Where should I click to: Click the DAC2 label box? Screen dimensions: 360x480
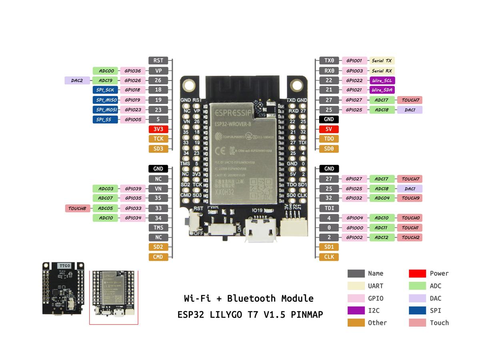77,80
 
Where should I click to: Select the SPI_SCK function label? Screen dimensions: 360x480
105,90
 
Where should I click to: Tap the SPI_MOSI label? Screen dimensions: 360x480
105,110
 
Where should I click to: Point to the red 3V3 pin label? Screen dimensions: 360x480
158,129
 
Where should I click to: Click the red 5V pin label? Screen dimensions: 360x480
329,129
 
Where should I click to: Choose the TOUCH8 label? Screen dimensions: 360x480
78,208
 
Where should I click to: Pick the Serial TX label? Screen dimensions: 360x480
382,61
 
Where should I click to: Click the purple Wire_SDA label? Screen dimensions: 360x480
382,90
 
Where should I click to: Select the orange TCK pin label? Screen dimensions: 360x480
158,139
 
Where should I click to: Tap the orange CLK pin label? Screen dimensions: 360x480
329,257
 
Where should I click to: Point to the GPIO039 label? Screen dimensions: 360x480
132,188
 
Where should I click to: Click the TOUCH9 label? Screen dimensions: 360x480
410,198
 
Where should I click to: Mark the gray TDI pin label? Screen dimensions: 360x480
329,208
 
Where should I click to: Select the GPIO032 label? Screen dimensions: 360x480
354,198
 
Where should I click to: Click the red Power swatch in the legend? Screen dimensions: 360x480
417,274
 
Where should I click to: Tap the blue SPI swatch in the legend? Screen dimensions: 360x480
417,310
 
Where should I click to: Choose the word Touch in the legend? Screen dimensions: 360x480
439,323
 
